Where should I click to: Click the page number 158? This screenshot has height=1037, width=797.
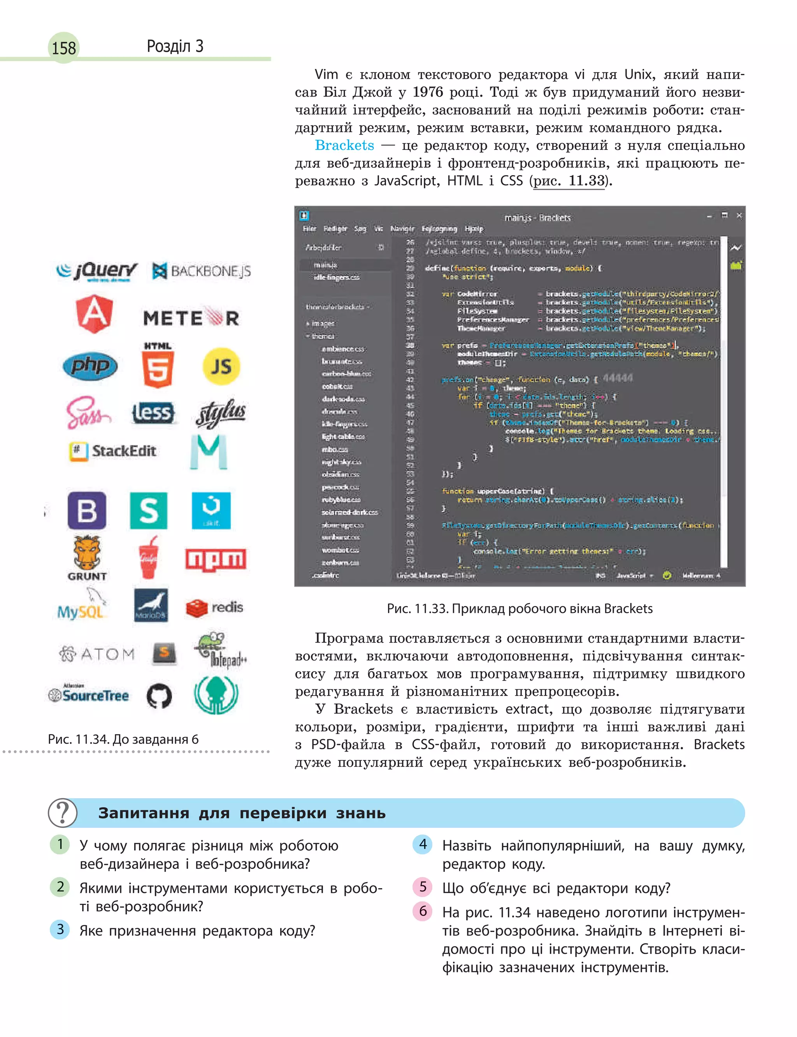[x=63, y=48]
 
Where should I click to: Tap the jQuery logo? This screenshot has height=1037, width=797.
[x=97, y=271]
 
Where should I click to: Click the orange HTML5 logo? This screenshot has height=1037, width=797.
[x=158, y=365]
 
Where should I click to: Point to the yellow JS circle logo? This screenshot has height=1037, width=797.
[x=221, y=366]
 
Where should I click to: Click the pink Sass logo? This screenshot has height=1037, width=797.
[x=88, y=413]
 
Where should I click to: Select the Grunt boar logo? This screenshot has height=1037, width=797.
[x=87, y=558]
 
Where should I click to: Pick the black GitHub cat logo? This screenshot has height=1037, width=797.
[x=159, y=696]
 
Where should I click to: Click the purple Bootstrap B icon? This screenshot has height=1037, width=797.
[x=87, y=510]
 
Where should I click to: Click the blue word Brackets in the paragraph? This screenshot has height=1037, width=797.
[x=344, y=145]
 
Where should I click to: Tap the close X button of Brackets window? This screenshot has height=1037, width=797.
[x=739, y=215]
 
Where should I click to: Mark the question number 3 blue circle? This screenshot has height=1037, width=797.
[x=60, y=929]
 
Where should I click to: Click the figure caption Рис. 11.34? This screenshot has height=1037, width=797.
[x=123, y=739]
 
